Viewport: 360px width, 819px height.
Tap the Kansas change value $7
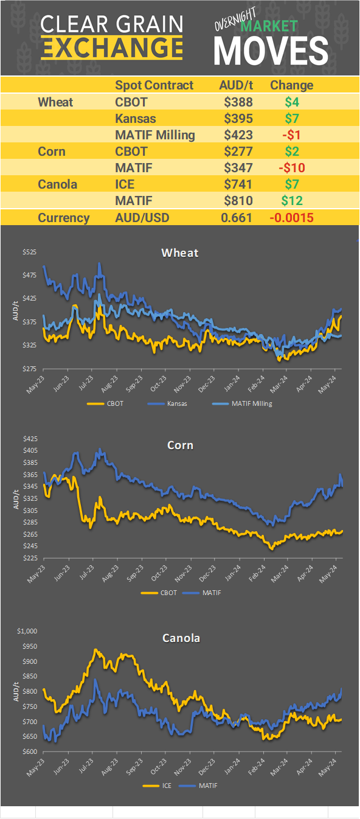(292, 118)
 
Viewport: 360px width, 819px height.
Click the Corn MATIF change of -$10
(292, 167)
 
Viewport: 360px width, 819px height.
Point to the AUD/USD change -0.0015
(292, 218)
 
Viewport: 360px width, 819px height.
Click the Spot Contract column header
(154, 85)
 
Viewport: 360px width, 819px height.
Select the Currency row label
(64, 218)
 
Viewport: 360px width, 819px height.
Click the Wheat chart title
(179, 253)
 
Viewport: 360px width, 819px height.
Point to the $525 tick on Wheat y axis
(29, 252)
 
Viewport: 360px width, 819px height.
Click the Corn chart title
(180, 445)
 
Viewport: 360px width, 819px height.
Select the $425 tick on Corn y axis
(29, 438)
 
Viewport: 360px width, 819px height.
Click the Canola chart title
(181, 638)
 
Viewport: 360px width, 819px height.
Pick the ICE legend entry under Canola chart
(159, 786)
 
